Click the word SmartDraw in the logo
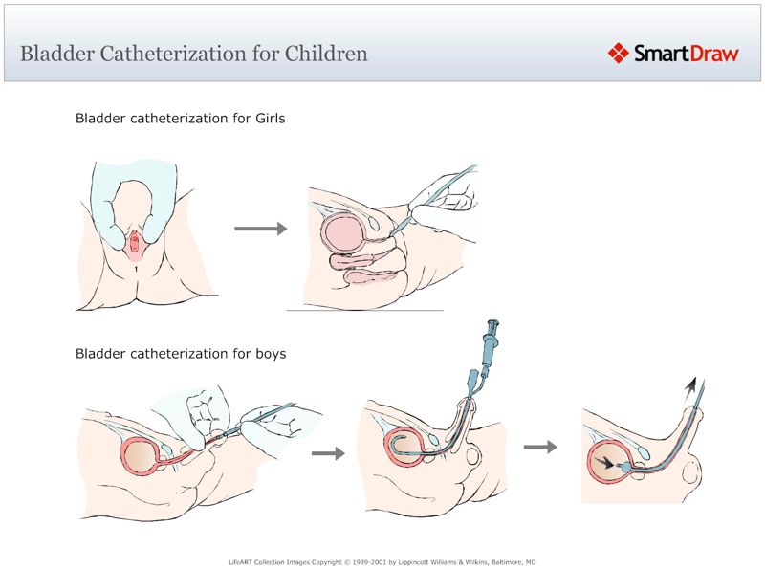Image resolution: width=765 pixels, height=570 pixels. [x=687, y=54]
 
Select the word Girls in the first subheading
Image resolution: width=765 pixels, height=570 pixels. [x=265, y=120]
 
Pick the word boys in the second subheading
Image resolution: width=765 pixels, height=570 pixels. [x=269, y=354]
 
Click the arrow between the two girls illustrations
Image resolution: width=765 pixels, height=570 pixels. [x=260, y=229]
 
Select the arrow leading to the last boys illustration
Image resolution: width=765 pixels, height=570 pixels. [x=541, y=446]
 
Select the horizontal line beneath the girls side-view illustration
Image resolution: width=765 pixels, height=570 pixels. [x=364, y=310]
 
